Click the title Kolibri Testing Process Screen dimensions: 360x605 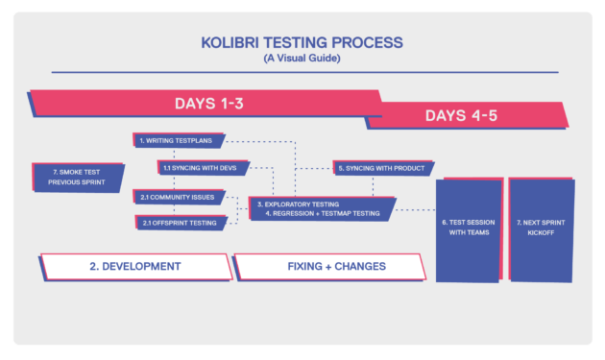(302, 42)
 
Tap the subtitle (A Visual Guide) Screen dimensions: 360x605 (302, 59)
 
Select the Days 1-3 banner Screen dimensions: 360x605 (206, 103)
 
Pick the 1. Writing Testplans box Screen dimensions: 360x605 (179, 140)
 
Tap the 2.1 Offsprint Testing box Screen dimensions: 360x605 (181, 223)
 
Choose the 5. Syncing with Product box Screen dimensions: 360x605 (380, 167)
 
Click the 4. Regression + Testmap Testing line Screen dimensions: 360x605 (322, 213)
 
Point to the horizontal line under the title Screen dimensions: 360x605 (302, 71)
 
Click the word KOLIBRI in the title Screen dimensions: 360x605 (230, 42)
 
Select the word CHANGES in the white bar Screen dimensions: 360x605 (358, 265)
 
